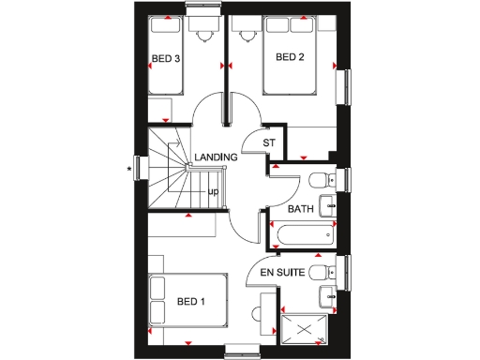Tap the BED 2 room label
[290, 57]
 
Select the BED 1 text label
[190, 301]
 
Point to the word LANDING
[216, 157]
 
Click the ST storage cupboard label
[268, 142]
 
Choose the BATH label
[301, 208]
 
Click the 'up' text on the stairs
[213, 191]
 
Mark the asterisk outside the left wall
[130, 170]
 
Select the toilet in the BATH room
[319, 178]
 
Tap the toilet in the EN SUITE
[319, 272]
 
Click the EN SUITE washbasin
[328, 298]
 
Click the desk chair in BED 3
[203, 37]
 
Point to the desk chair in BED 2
[248, 37]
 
